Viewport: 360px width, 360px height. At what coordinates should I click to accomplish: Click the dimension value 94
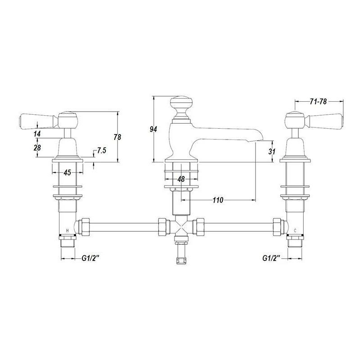[x=153, y=129]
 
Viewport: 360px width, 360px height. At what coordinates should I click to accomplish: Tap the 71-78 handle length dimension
[x=318, y=102]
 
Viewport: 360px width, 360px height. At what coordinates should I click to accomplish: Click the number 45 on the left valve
[x=67, y=172]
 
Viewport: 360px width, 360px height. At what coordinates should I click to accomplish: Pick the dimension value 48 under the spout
[x=181, y=179]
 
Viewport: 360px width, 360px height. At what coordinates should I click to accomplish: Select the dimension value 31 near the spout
[x=271, y=152]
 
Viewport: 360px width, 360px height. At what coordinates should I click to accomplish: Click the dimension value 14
[x=37, y=133]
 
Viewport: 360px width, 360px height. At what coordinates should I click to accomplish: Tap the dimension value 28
[x=37, y=148]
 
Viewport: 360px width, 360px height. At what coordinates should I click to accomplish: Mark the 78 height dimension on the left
[x=118, y=137]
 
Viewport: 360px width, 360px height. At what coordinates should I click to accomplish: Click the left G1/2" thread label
[x=90, y=258]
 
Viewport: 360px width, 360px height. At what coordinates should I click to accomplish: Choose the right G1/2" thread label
[x=271, y=258]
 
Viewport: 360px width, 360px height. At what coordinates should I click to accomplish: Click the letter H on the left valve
[x=67, y=230]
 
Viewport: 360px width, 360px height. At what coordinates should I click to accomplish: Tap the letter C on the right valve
[x=295, y=230]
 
